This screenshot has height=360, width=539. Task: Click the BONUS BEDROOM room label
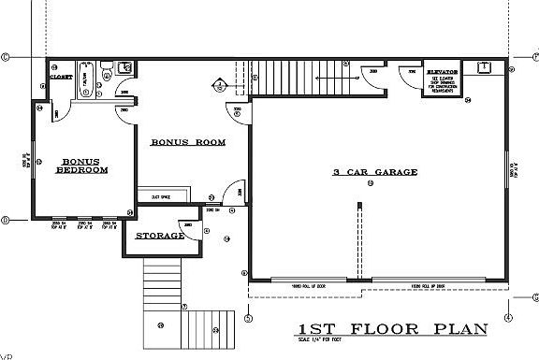(x=81, y=166)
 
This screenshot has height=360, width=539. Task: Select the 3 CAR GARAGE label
(x=374, y=172)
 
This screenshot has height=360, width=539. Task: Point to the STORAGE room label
(x=160, y=236)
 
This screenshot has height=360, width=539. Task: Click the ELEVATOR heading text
(x=441, y=71)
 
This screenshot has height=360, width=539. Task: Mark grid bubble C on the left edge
(x=6, y=56)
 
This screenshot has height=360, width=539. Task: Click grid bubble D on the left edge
(x=6, y=221)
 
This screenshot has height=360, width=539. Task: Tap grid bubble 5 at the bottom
(x=248, y=318)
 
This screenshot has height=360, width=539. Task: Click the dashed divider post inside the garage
(x=357, y=243)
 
